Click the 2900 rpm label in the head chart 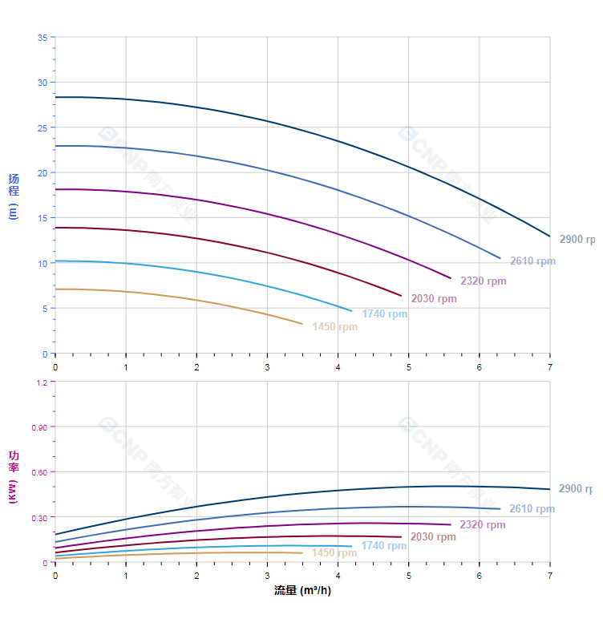578,239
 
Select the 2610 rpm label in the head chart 532,261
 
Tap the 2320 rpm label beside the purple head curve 484,281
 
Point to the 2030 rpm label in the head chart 434,298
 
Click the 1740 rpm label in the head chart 384,313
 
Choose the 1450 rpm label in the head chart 335,326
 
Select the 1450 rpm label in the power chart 334,552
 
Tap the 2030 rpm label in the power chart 433,536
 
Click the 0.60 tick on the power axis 39,471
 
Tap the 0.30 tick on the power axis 39,517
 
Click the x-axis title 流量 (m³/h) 302,590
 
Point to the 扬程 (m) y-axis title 14,196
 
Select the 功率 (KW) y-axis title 14,476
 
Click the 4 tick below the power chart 338,575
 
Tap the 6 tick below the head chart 480,366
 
